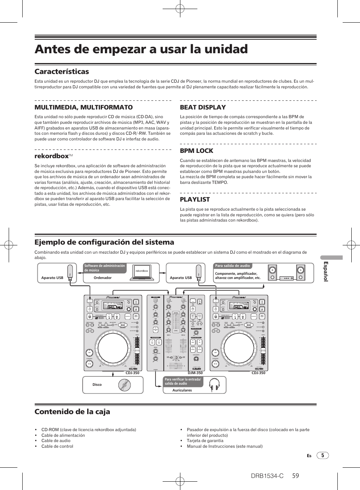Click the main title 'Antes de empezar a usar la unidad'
141,49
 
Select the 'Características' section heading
62,72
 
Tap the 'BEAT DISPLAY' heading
203,107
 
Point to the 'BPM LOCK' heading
196,151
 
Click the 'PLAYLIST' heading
195,199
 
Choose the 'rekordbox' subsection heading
52,156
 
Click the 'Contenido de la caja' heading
72,411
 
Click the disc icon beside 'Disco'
124,385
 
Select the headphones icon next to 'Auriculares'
214,385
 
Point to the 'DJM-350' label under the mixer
195,373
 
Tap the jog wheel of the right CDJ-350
239,349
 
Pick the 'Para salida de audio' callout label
232,266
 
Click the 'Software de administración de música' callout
105,268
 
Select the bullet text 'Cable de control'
57,446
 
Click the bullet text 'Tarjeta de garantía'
205,441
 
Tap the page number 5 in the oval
323,455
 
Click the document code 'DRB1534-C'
267,476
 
